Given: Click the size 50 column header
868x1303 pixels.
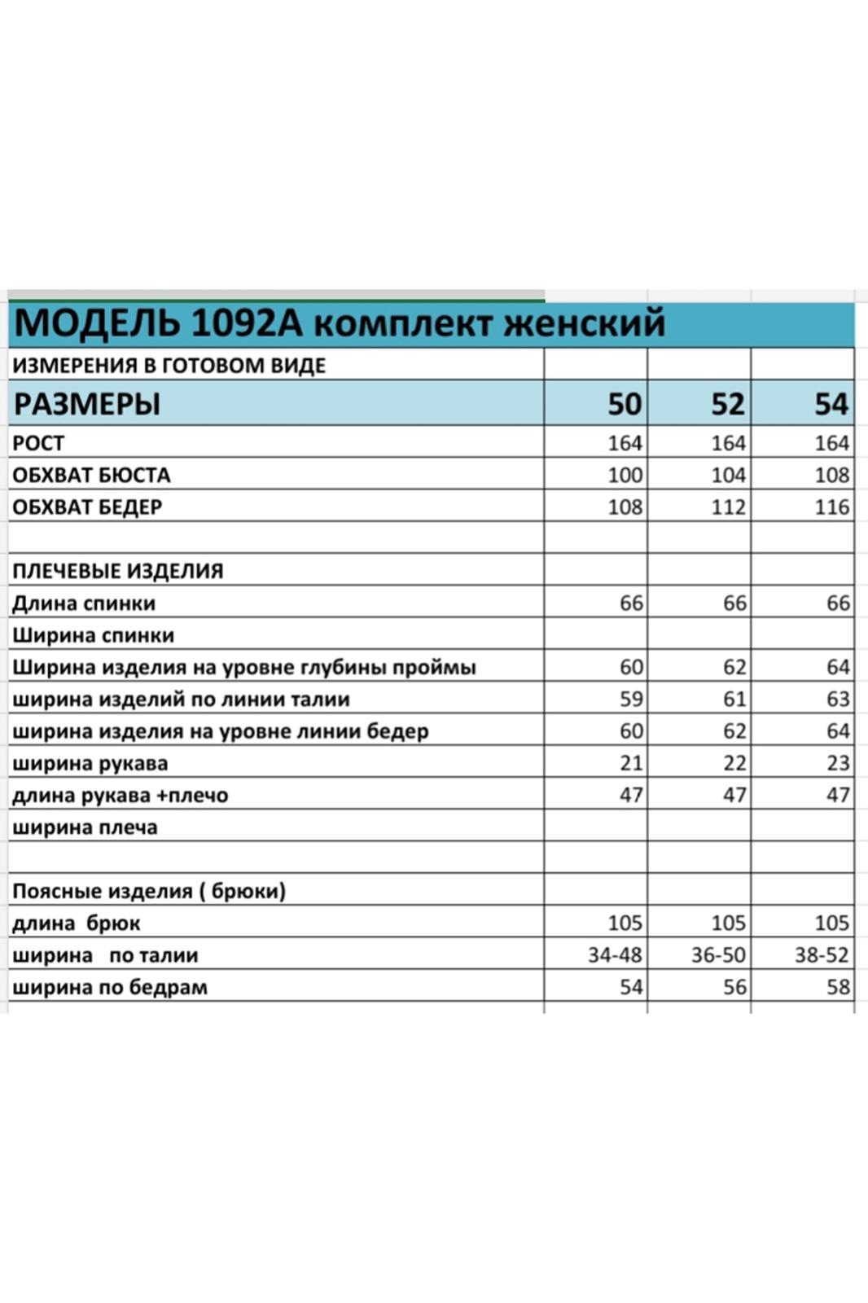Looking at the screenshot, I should [625, 404].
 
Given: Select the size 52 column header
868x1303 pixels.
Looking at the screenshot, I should [727, 404].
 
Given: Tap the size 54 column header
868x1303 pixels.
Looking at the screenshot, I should [831, 404].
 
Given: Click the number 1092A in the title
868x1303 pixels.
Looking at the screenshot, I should [247, 323].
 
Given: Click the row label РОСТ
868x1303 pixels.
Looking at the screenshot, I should [38, 443].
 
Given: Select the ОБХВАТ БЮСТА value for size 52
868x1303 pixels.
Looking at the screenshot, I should [728, 475].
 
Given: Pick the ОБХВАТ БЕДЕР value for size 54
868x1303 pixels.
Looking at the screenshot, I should [831, 507].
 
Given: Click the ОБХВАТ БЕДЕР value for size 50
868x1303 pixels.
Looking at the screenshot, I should [625, 507].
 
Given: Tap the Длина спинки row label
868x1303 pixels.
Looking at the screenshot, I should [84, 603].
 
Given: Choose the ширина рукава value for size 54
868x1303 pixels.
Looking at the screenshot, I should [838, 763].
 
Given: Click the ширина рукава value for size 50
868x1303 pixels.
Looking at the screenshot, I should [631, 763].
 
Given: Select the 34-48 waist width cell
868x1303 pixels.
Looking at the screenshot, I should [615, 954].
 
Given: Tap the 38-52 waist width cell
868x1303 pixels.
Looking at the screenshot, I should [822, 954].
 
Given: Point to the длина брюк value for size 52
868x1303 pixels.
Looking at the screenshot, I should [728, 923].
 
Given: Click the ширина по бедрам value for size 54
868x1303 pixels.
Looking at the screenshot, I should [838, 987].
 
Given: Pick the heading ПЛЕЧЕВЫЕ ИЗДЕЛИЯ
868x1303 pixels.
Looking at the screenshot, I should [118, 571].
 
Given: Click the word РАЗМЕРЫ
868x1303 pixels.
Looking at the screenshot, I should [87, 404].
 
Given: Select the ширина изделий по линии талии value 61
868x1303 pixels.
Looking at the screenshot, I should [734, 699].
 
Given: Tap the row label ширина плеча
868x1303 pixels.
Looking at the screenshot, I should [85, 827].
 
